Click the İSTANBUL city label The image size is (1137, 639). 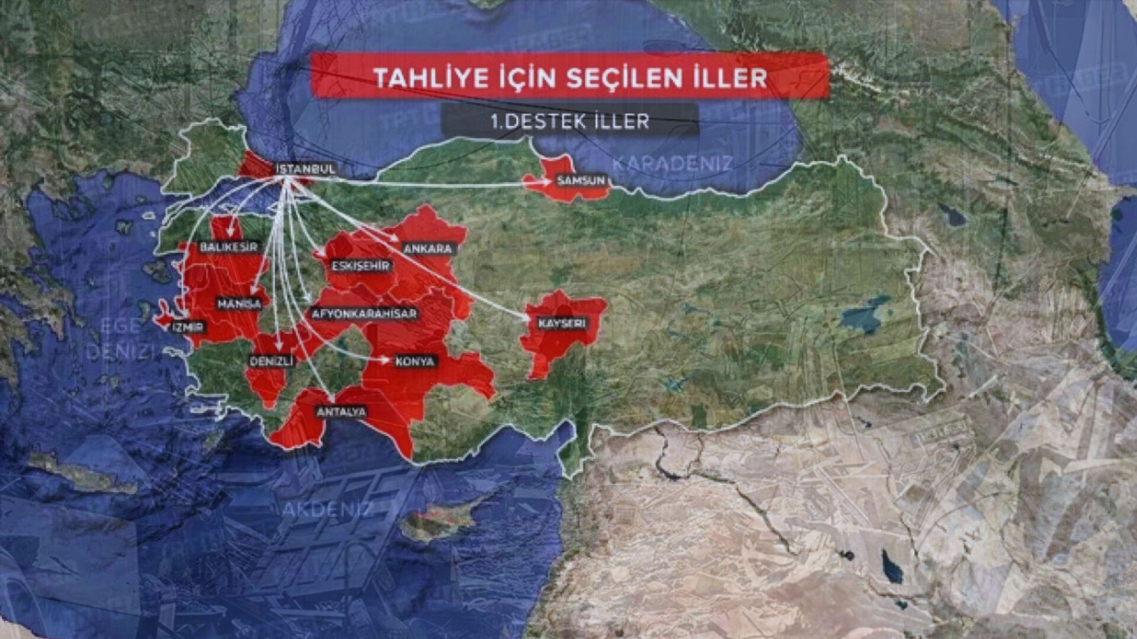point(306,169)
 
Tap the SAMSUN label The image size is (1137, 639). point(581,180)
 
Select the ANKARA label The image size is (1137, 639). point(428,248)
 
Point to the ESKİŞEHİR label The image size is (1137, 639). point(361,266)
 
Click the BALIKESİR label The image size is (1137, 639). point(229,247)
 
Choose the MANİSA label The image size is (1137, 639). point(239,304)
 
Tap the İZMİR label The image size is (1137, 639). point(188,327)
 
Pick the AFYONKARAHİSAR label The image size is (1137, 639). point(364,314)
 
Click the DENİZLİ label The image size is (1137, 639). point(271,361)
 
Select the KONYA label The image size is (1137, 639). point(415,361)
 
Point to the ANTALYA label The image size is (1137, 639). point(342,412)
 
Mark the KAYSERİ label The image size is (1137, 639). point(562,324)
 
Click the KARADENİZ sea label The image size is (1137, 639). point(672,163)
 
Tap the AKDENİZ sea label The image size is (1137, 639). point(327,509)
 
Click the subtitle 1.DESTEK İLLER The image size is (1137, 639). point(570,121)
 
